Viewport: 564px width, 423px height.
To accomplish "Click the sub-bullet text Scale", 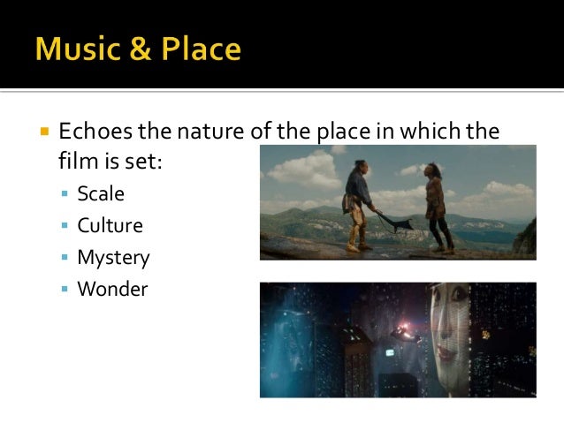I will coord(101,193).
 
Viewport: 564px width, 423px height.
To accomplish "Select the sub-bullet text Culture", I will coord(110,225).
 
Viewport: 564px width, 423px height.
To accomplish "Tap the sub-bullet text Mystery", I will coord(113,258).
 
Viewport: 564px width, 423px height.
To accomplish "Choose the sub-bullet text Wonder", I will coord(112,289).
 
